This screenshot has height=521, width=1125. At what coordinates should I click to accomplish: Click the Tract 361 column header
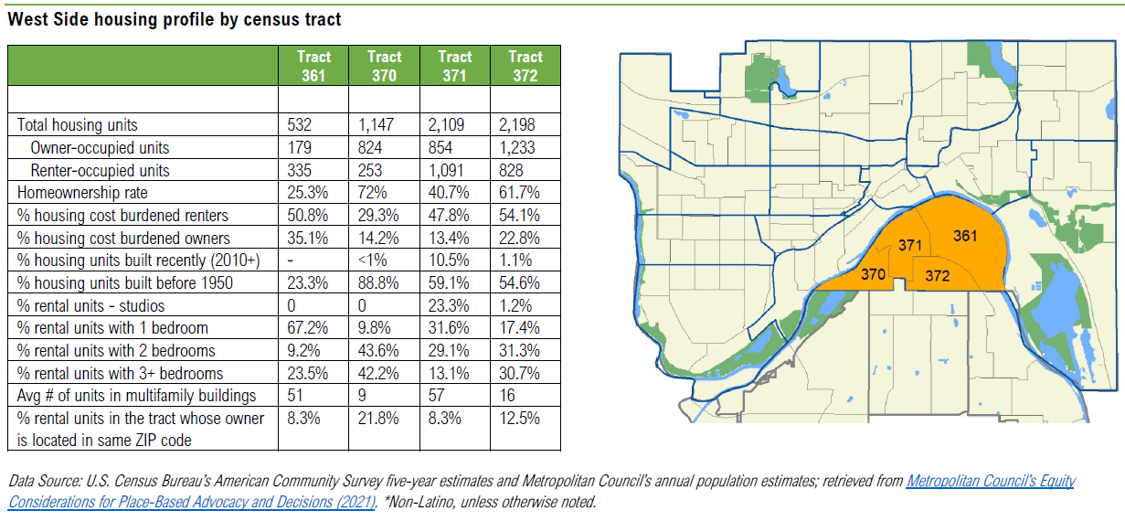tap(313, 66)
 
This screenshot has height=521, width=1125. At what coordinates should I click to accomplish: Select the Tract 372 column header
tap(525, 66)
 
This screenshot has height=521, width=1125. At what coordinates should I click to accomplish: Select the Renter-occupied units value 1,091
tap(446, 170)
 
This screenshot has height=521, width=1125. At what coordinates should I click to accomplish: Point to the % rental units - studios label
tap(91, 305)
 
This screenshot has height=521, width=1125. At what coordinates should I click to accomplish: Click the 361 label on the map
tap(965, 236)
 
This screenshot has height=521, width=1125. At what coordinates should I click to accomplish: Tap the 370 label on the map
tap(874, 273)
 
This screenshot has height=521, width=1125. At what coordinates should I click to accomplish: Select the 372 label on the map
tap(936, 275)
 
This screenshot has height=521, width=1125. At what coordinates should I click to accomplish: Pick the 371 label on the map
tap(909, 245)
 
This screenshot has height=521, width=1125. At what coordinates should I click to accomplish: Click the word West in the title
tap(27, 19)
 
